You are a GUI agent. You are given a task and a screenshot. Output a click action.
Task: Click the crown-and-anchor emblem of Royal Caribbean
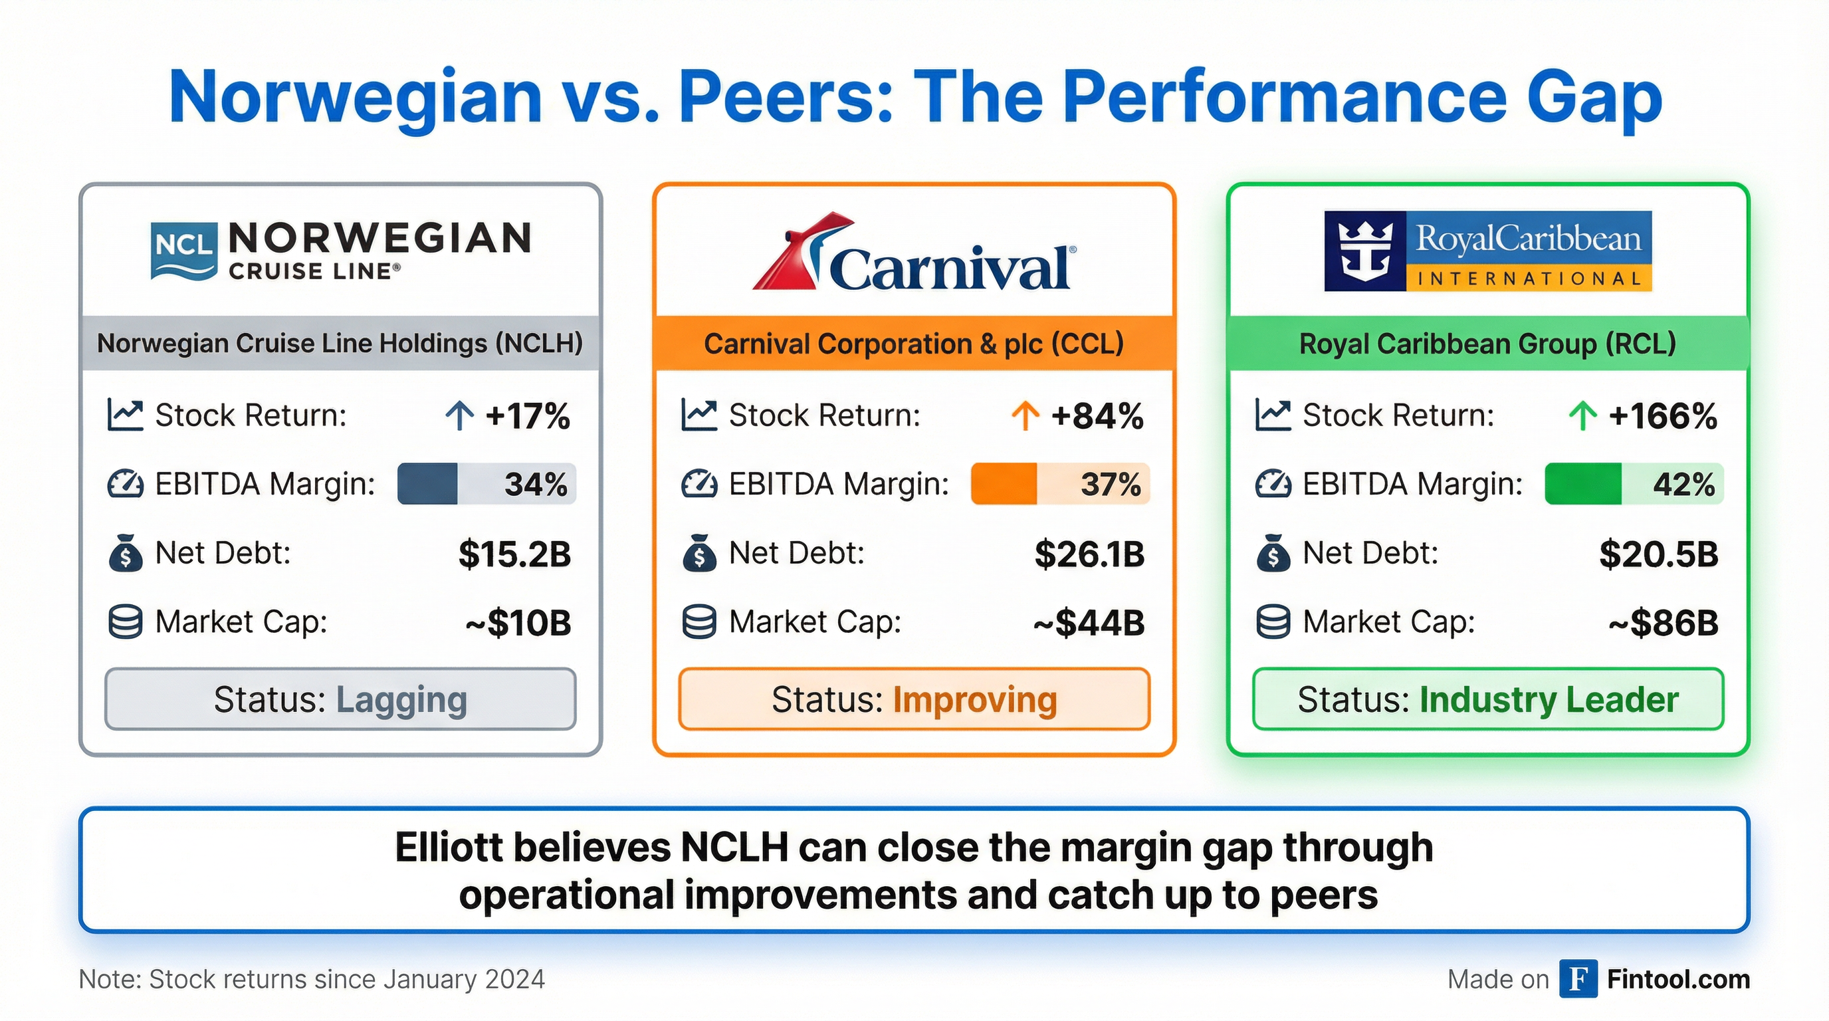(1364, 251)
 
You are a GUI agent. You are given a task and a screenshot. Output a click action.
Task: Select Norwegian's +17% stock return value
(527, 416)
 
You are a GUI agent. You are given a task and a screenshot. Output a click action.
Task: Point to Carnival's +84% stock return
(1097, 416)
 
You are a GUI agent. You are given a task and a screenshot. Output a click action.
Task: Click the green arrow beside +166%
(1582, 416)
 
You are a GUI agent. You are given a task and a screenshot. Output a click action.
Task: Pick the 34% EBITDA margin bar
(486, 484)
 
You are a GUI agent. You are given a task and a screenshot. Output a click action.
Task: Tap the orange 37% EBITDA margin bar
(1060, 484)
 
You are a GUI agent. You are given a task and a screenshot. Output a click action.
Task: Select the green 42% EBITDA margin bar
(1634, 484)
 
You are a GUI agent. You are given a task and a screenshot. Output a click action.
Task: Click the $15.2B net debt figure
(515, 554)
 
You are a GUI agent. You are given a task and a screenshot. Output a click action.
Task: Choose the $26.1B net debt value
(1089, 554)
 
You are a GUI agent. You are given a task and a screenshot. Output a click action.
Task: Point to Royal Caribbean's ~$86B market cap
(1663, 623)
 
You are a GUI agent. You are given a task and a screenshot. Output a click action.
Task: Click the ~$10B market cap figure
(518, 623)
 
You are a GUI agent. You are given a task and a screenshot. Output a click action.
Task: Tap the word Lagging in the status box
(401, 700)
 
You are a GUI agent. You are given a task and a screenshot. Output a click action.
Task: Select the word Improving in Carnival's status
(975, 700)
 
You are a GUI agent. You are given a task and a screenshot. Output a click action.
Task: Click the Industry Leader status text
(1549, 700)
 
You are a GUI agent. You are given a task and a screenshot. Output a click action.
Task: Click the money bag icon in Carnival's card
(699, 553)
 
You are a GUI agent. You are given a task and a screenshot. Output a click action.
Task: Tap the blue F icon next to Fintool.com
(1578, 978)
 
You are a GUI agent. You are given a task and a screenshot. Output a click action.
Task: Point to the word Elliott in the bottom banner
(448, 848)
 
